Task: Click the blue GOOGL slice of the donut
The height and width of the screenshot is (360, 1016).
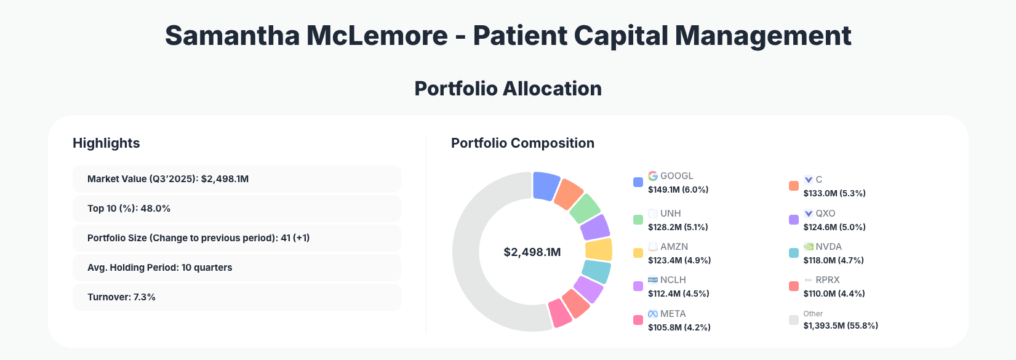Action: [x=545, y=186]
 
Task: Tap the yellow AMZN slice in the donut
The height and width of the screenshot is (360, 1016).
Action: [x=598, y=250]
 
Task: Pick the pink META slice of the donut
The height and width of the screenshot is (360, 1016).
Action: [x=559, y=313]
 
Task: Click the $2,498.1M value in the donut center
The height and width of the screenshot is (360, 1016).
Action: [x=532, y=252]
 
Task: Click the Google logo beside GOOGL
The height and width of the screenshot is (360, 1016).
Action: [x=653, y=176]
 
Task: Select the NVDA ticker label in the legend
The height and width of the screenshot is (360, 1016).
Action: [x=828, y=247]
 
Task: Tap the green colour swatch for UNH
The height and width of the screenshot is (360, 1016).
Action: [x=638, y=220]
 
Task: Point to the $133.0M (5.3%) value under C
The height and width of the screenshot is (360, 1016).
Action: [x=834, y=193]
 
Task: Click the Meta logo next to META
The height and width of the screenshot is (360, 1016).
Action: [x=653, y=314]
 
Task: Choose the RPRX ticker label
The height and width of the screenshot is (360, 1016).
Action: [x=827, y=280]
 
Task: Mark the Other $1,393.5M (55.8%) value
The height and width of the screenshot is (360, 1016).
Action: [x=840, y=326]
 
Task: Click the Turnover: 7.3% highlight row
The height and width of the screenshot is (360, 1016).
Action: [x=236, y=297]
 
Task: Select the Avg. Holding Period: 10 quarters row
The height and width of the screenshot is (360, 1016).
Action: [x=236, y=268]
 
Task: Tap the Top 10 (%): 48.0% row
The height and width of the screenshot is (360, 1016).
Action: [x=236, y=209]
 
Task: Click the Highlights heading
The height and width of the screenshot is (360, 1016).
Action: [x=106, y=143]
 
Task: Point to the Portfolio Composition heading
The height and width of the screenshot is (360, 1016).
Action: [x=522, y=143]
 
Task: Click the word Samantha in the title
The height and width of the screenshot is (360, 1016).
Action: [x=232, y=36]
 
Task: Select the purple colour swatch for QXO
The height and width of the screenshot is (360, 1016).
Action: [x=794, y=220]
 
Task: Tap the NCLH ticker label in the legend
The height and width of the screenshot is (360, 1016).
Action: [x=673, y=280]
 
